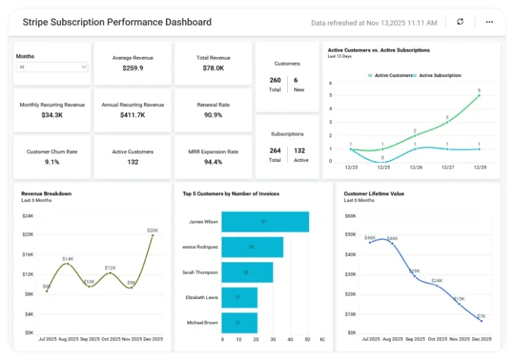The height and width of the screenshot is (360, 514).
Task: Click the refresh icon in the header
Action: [460, 22]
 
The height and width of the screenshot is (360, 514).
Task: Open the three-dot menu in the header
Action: [489, 22]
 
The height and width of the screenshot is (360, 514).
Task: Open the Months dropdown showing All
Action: [52, 67]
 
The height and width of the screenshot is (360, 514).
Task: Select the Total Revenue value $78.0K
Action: [213, 68]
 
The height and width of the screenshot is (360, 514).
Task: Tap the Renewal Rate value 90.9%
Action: [213, 115]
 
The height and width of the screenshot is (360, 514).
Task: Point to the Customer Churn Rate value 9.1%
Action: [52, 162]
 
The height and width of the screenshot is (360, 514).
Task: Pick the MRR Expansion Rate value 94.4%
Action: [213, 162]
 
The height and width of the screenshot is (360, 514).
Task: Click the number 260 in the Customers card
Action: [275, 80]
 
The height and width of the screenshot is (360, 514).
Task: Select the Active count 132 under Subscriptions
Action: [301, 151]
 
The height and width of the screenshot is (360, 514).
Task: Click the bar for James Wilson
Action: [265, 221]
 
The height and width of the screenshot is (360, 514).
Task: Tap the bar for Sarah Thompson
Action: [247, 272]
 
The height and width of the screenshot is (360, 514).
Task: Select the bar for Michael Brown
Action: [239, 323]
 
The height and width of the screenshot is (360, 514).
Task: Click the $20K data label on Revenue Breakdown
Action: [153, 230]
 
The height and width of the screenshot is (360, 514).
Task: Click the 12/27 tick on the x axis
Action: [448, 168]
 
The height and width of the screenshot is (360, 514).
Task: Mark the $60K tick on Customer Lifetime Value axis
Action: [350, 215]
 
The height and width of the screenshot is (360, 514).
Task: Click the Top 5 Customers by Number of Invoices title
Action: [231, 193]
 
